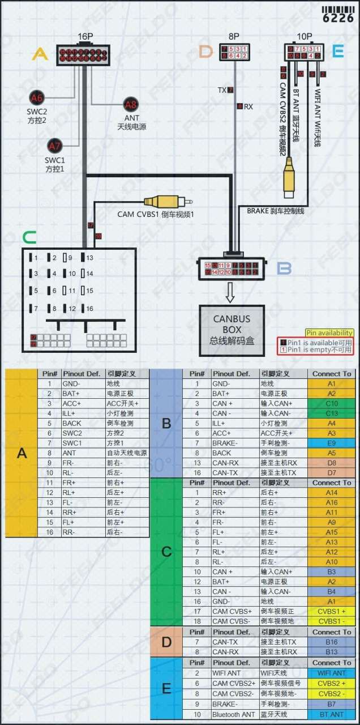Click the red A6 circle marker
tap(37, 97)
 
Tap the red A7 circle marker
tap(55, 146)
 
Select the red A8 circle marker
tap(131, 104)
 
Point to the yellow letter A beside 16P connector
tap(40, 54)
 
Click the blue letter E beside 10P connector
tap(337, 52)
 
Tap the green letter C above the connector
tap(29, 237)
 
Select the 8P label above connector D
tap(234, 36)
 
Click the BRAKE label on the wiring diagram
tap(258, 211)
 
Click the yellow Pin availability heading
tap(329, 333)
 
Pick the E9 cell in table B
tap(331, 443)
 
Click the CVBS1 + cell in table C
tap(331, 611)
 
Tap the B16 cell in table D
tap(331, 642)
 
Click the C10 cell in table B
tap(331, 403)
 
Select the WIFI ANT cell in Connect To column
tap(331, 673)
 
